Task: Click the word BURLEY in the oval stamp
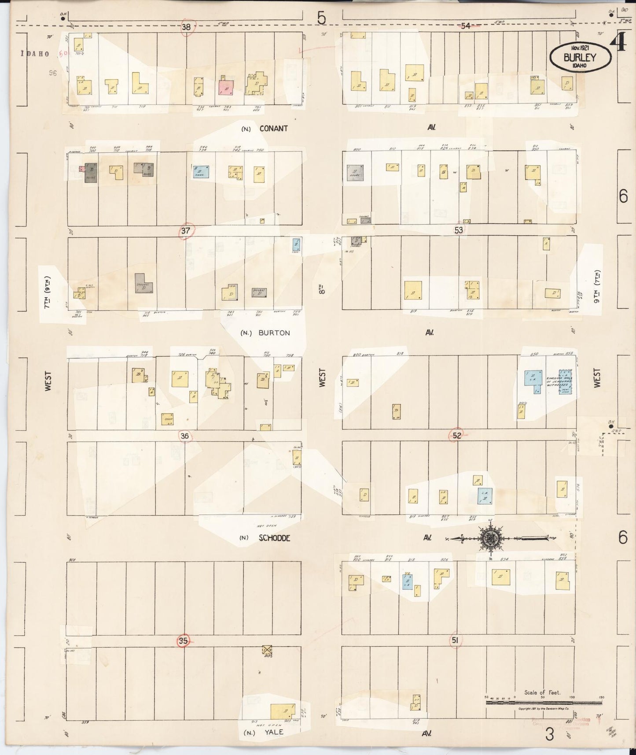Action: [x=580, y=57]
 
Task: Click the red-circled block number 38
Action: [x=187, y=27]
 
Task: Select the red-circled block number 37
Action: [x=186, y=230]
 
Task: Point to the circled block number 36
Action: [x=185, y=436]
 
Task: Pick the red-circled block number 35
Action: [x=184, y=641]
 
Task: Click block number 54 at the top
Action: [x=466, y=26]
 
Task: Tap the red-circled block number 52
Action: [x=457, y=436]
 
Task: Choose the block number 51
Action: [x=455, y=641]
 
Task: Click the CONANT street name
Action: [x=273, y=129]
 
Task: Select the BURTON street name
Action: [x=274, y=333]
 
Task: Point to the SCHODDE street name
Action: [x=274, y=538]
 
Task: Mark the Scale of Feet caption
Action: [x=542, y=692]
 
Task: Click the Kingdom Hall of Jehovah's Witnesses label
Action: [x=559, y=382]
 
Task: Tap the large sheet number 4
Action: [x=619, y=43]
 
